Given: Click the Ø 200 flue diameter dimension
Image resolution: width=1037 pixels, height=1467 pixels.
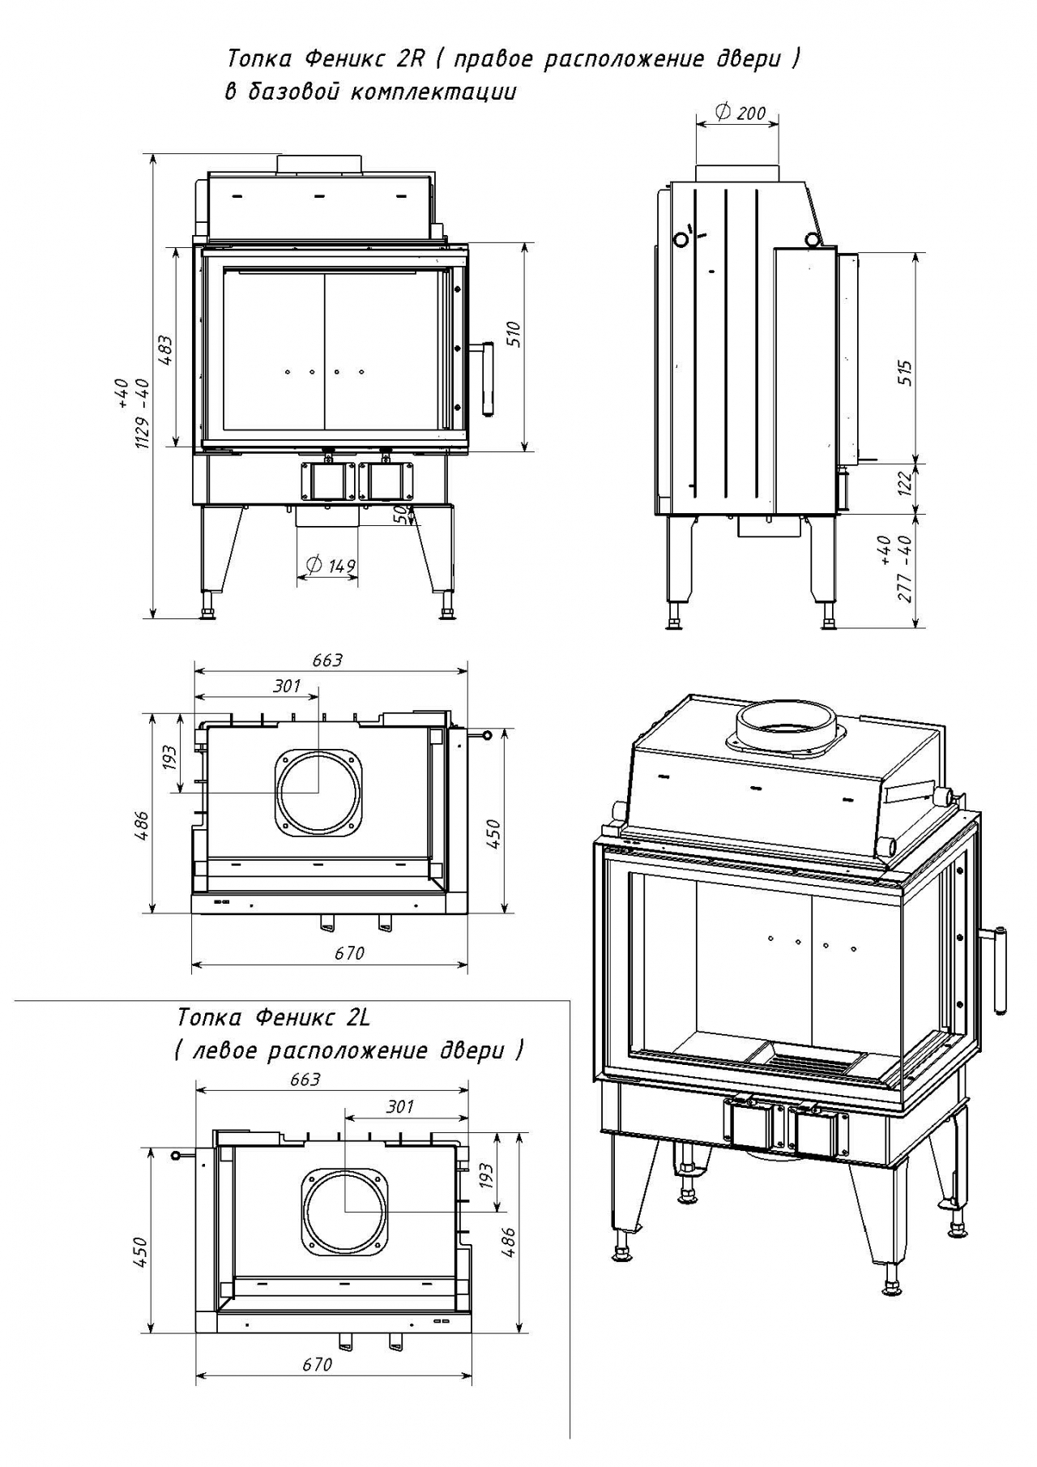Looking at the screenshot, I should pos(740,113).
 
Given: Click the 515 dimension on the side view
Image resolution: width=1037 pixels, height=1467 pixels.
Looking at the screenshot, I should pos(905,373).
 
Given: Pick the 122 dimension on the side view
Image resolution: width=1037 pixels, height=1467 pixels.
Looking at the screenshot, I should pos(905,483).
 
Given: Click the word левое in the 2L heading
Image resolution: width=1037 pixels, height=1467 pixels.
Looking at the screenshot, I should pos(224,1051).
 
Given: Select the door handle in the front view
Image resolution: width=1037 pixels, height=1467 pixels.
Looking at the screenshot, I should pos(489,377).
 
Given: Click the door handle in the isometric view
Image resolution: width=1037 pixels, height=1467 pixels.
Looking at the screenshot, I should pos(1001,969).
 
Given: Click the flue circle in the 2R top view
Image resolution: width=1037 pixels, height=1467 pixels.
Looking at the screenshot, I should pos(318,792).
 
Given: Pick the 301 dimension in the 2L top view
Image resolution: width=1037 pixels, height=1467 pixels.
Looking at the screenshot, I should pos(399,1106).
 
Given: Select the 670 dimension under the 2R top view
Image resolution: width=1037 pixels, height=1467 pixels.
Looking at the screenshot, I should pos(349,953).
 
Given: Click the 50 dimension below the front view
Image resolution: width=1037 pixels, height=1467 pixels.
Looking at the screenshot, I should pos(399,514).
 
